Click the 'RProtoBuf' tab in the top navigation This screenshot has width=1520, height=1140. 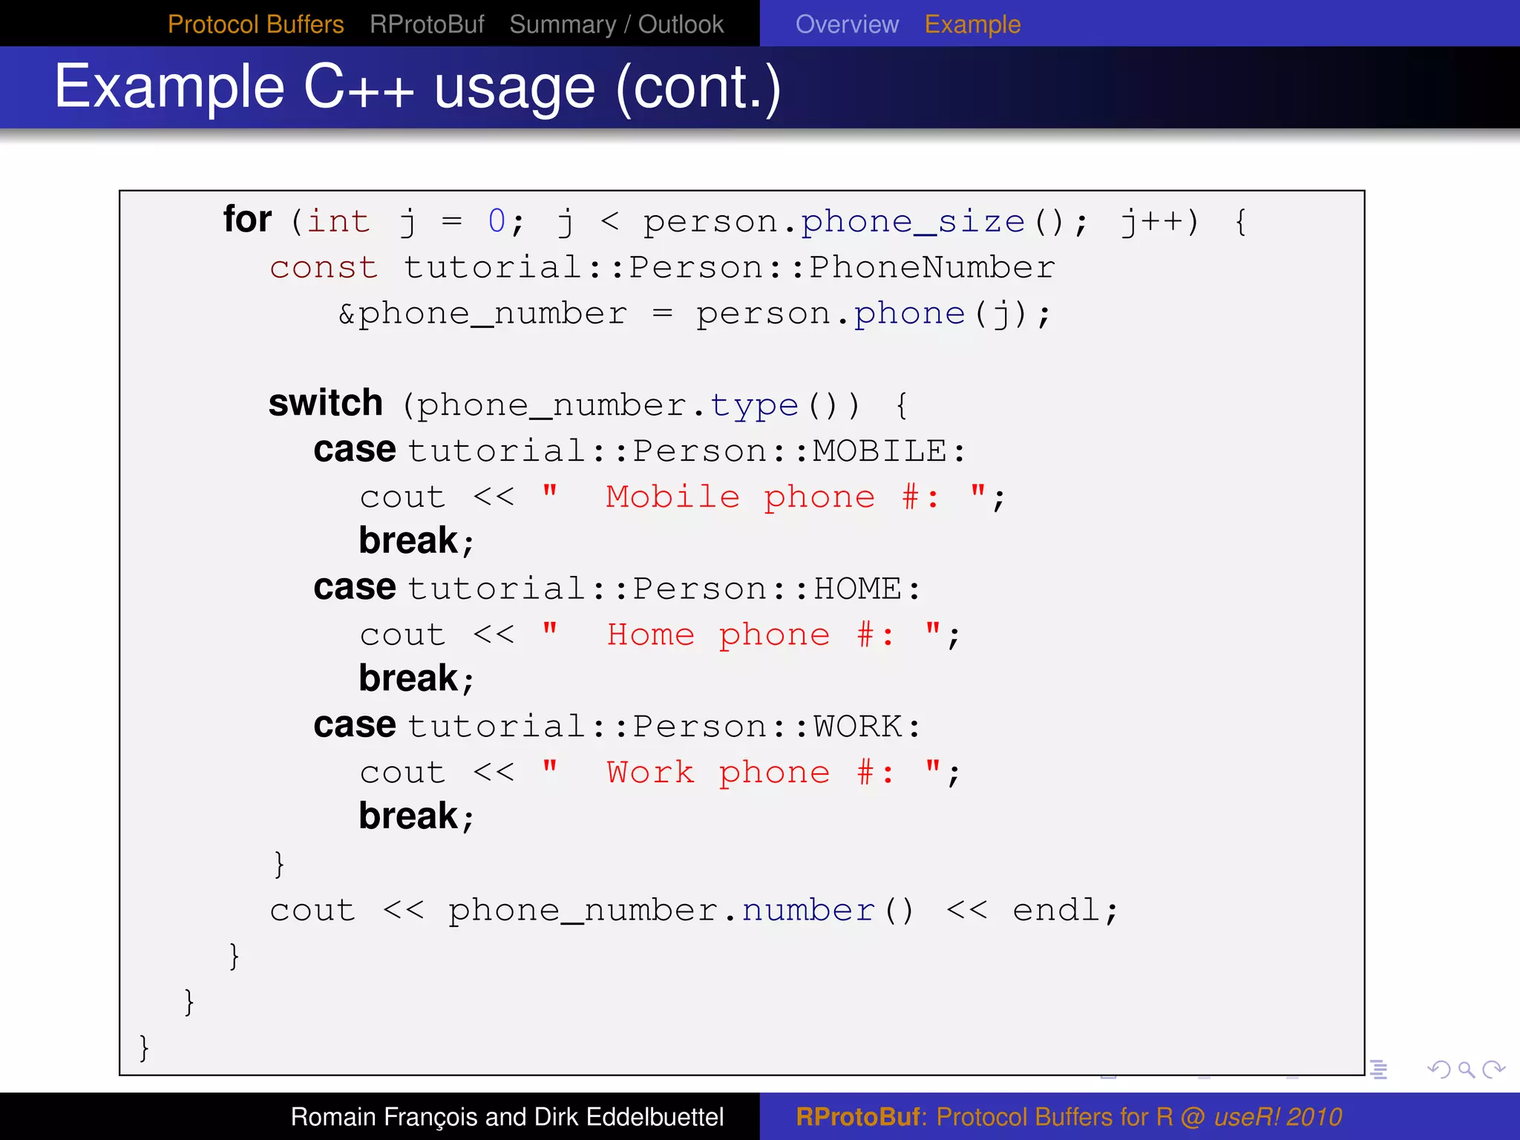click(x=427, y=24)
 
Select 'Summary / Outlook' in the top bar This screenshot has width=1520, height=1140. click(x=616, y=24)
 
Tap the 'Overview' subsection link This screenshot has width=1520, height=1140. click(x=847, y=24)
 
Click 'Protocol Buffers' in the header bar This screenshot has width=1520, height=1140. click(x=255, y=24)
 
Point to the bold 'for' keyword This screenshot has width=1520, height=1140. click(x=247, y=220)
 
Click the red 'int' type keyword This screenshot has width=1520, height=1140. click(x=338, y=221)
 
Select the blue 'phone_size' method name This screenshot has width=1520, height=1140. click(x=913, y=221)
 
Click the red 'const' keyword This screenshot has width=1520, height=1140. click(x=324, y=267)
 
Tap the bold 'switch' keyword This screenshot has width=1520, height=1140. click(x=325, y=403)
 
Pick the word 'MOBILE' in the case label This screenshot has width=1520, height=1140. click(x=879, y=451)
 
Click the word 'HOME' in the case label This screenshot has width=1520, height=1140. click(x=857, y=589)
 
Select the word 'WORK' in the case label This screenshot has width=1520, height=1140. click(x=857, y=726)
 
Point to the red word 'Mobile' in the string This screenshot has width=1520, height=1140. click(x=672, y=497)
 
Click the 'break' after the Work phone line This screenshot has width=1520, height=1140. click(x=409, y=816)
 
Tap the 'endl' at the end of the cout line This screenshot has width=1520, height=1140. click(x=1056, y=910)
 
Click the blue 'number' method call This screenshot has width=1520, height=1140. click(x=808, y=910)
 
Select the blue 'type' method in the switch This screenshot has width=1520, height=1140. click(x=754, y=405)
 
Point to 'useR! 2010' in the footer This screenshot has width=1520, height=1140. click(x=1277, y=1117)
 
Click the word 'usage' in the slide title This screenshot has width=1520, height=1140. click(x=514, y=88)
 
